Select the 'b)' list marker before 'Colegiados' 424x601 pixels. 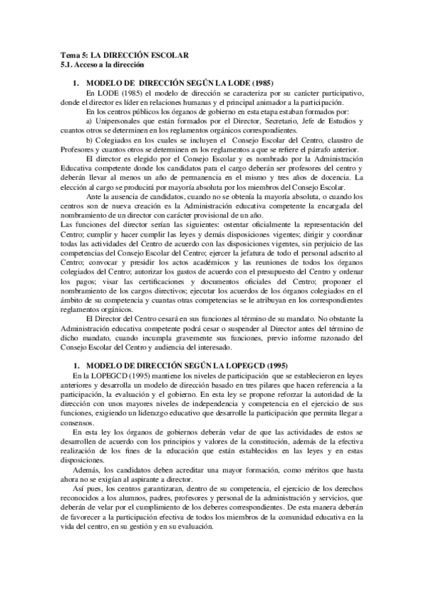click(x=89, y=140)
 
